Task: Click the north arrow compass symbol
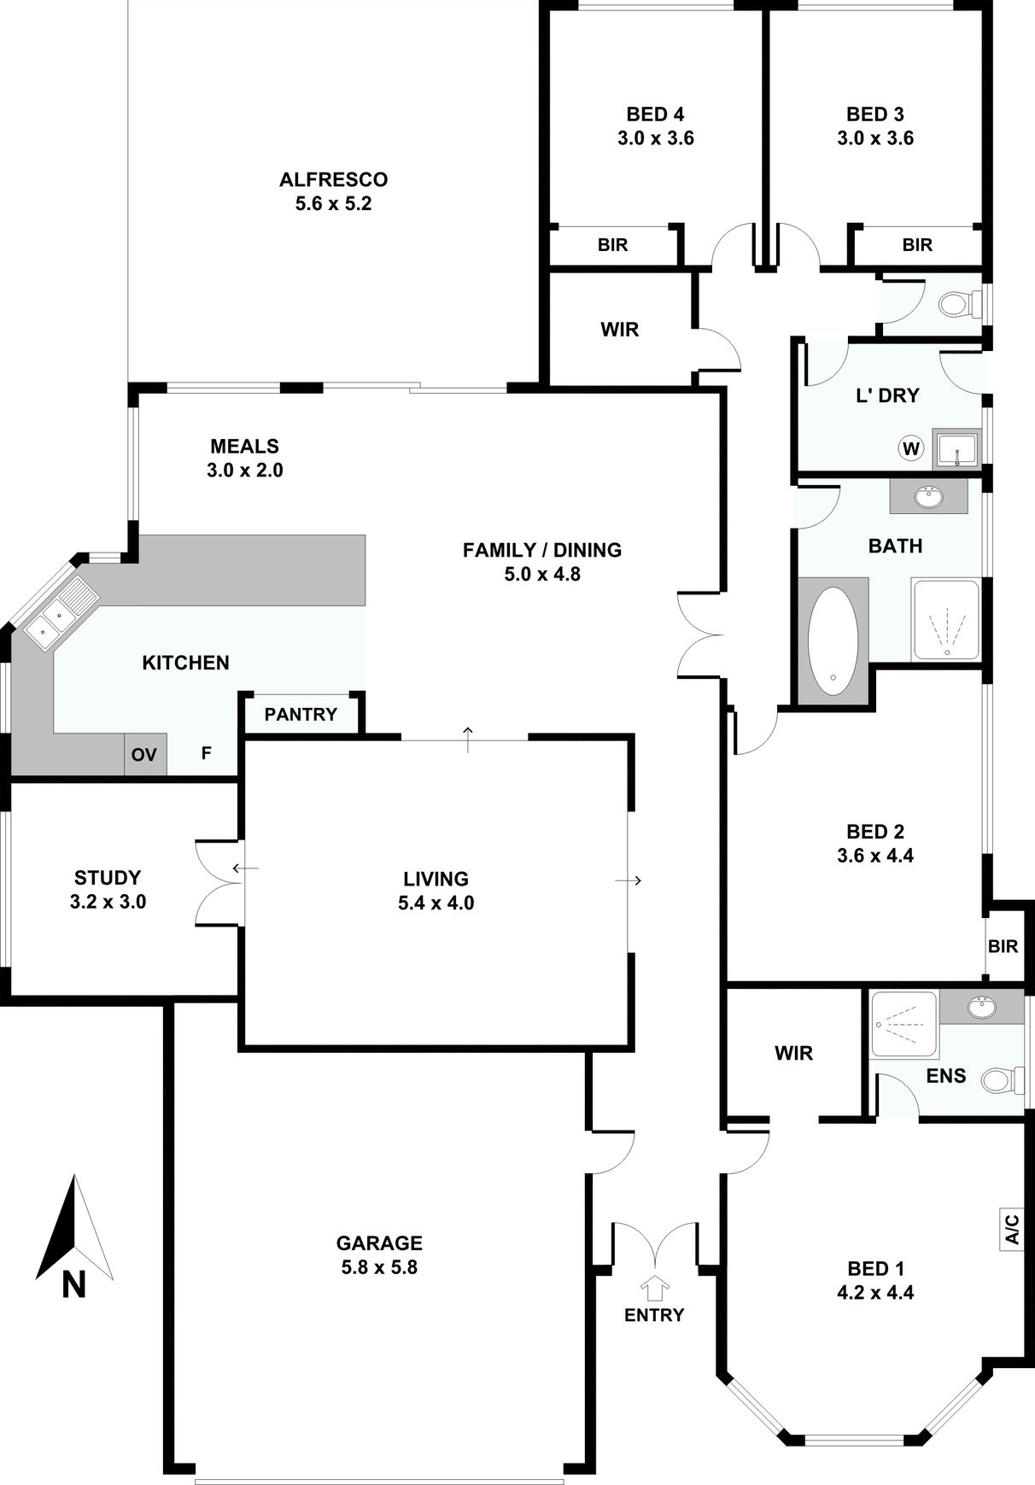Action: pos(74,1230)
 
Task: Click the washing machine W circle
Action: pos(912,448)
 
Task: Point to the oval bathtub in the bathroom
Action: pos(833,640)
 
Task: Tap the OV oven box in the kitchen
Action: pos(144,755)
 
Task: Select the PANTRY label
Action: pos(301,714)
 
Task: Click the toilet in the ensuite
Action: pos(1003,1079)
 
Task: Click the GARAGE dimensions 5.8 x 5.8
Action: pos(379,1267)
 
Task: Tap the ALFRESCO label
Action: pos(334,179)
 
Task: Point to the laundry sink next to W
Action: pos(956,448)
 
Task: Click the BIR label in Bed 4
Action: pos(613,245)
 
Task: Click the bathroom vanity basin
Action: pos(928,496)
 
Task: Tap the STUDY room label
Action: pos(108,878)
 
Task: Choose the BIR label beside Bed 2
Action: pos(1003,946)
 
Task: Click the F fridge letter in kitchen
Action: pos(207,754)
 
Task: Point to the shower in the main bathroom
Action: pos(945,620)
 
